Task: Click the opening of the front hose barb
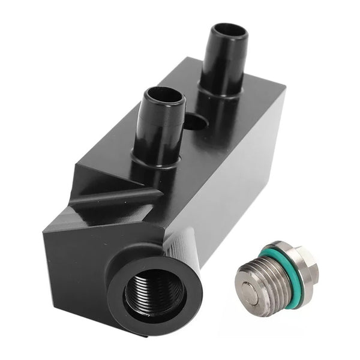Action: pyautogui.click(x=163, y=96)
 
